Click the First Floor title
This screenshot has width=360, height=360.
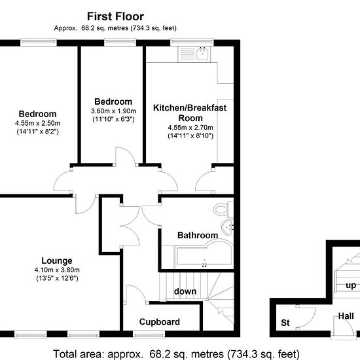tap(115, 16)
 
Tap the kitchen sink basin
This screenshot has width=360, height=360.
tap(202, 54)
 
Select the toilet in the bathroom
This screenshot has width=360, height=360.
tap(223, 209)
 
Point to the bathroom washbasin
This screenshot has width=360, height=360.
tap(227, 227)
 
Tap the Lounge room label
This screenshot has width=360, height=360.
tap(57, 261)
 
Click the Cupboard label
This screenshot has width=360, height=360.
tap(159, 322)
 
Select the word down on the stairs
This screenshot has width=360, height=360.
tap(185, 291)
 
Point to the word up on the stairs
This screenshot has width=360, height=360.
tap(351, 285)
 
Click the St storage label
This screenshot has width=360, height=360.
tap(285, 323)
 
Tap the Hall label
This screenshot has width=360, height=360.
tap(346, 316)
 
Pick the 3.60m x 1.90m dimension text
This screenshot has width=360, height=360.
tap(113, 111)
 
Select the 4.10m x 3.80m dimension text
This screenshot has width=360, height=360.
tap(57, 270)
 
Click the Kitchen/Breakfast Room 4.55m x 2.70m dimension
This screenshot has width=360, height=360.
tap(190, 127)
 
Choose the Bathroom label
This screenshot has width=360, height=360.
tap(198, 236)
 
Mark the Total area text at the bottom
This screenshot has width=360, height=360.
tap(176, 354)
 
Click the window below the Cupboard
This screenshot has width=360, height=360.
tap(149, 334)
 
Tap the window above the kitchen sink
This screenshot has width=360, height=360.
tap(192, 43)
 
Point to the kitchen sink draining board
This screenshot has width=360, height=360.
tap(187, 54)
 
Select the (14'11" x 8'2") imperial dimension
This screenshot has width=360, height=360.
tap(38, 132)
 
